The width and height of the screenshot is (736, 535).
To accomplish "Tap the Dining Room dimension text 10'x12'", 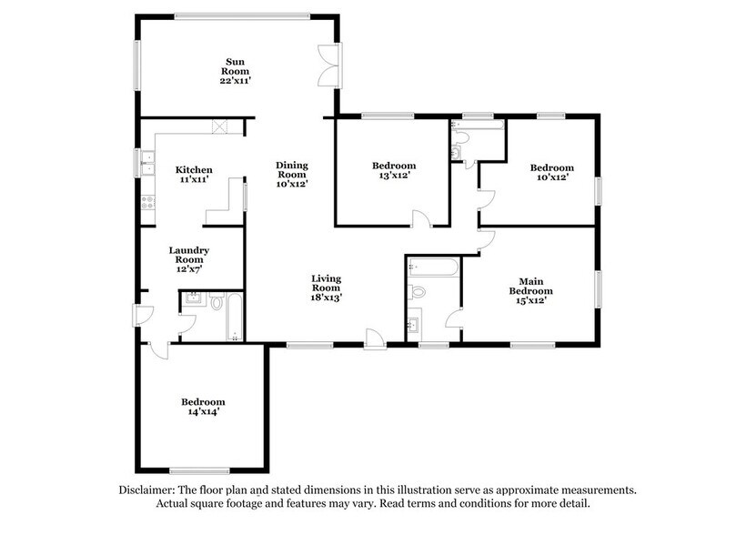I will point(292,184).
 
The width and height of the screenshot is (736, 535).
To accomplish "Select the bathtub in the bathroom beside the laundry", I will point(235,317).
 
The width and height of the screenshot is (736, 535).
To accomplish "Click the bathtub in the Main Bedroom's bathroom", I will point(433,266).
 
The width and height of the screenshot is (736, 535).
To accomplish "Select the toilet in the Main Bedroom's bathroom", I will point(418,292).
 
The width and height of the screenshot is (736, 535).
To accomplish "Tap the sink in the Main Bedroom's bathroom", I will point(414,325).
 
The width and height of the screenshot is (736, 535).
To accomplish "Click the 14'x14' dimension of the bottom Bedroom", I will point(202,411).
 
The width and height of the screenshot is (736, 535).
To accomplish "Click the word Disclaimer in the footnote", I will point(149,490).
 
